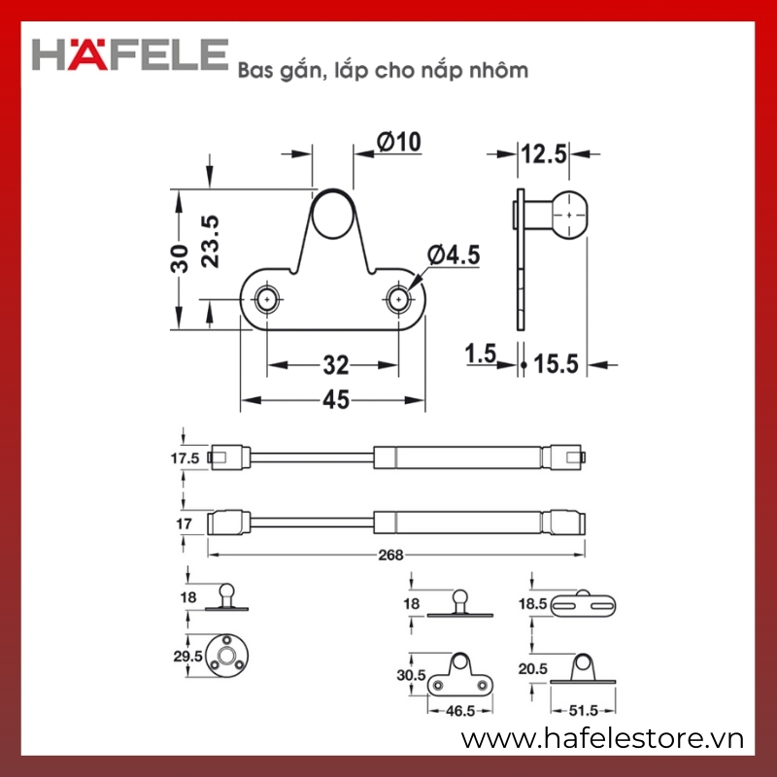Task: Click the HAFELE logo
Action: point(130,54)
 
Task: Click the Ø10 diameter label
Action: point(399,142)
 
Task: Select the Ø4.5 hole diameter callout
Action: point(454,254)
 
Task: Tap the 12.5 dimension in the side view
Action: point(543,153)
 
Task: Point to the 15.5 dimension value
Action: point(556,364)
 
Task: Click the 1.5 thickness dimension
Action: point(480,354)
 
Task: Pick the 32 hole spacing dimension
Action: point(336,366)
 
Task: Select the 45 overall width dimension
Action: point(336,400)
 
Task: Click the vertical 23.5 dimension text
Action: point(210,241)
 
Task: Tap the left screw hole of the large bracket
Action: point(268,299)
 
